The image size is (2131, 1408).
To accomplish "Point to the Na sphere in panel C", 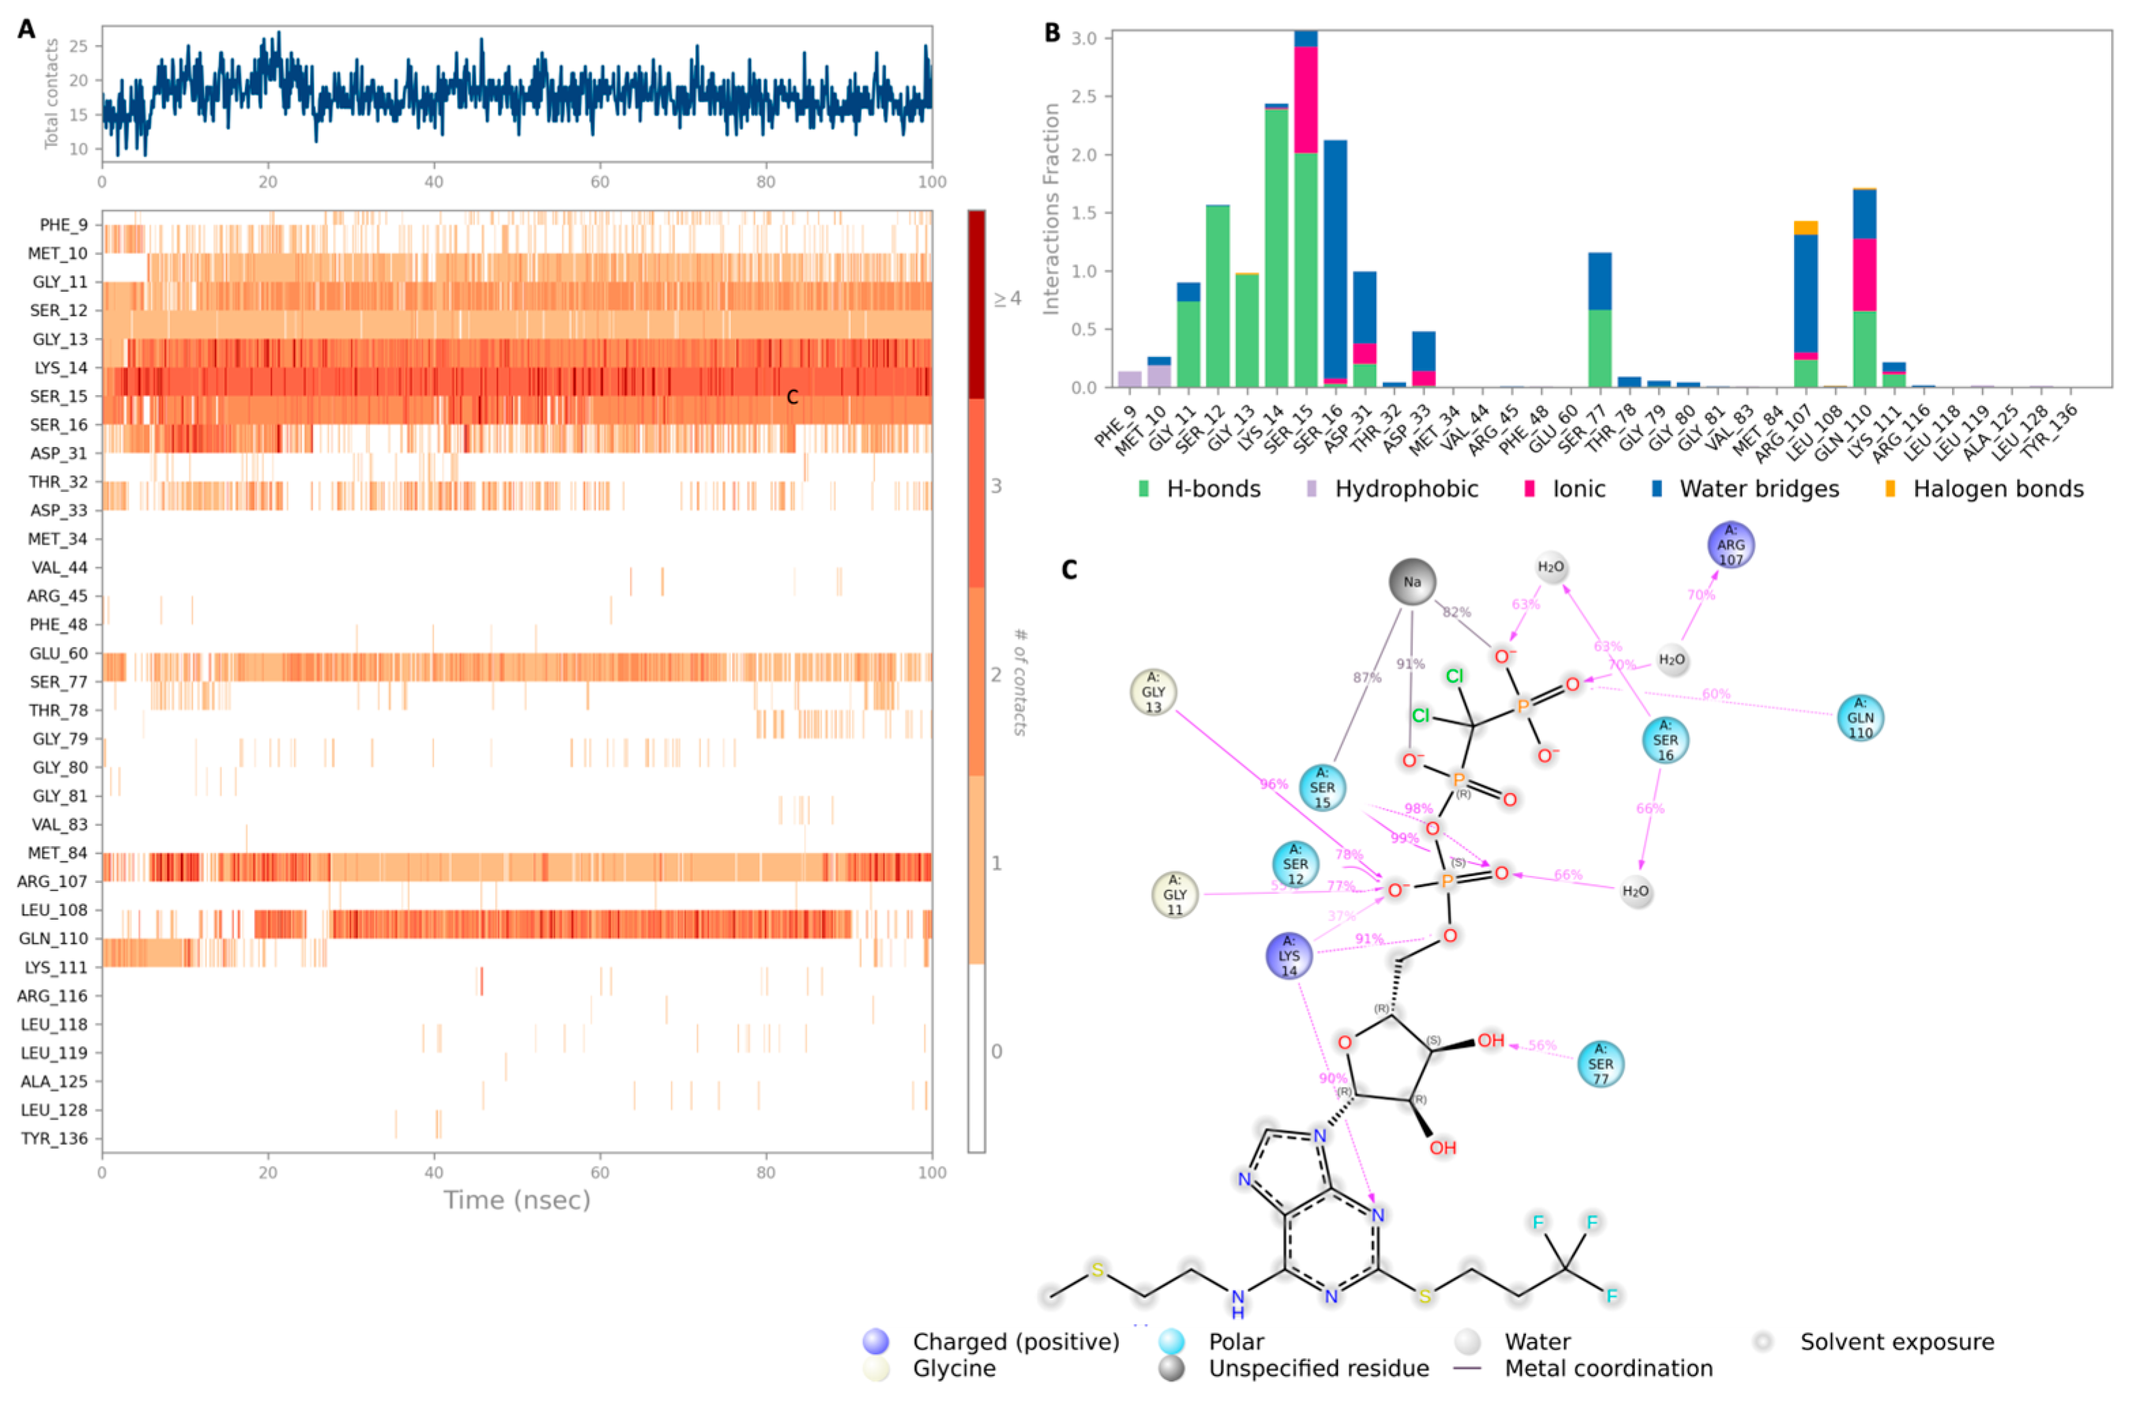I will (1412, 582).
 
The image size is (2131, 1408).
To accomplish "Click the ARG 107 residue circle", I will (1730, 545).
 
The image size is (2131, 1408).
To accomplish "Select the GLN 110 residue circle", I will (1859, 718).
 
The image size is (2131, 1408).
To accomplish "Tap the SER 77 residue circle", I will (1600, 1064).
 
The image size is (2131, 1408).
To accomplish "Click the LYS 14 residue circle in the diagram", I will (1288, 956).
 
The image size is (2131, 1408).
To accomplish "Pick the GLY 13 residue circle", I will (1153, 692).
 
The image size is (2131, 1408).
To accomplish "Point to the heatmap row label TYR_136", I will (55, 1139).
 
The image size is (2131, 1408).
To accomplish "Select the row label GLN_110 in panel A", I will (55, 939).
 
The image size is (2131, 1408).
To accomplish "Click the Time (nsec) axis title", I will (517, 1201).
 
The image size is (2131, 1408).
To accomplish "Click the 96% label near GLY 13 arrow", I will (1273, 784).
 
